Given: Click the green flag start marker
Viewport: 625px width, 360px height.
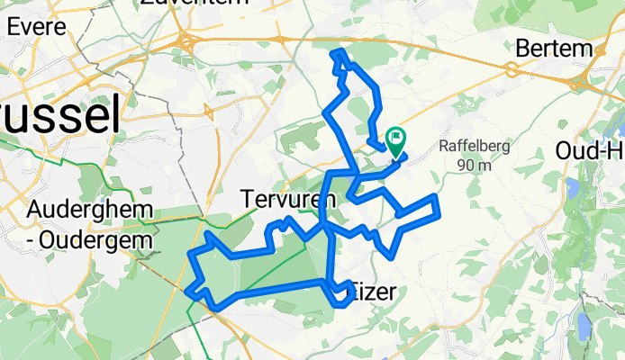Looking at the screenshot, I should [396, 139].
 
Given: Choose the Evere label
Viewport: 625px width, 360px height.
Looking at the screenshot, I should [36, 26].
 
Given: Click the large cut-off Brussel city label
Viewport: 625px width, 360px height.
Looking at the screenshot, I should [59, 117].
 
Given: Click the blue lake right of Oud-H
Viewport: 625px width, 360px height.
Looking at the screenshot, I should [571, 188].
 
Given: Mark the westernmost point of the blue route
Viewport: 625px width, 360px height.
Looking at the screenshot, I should [186, 290].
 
